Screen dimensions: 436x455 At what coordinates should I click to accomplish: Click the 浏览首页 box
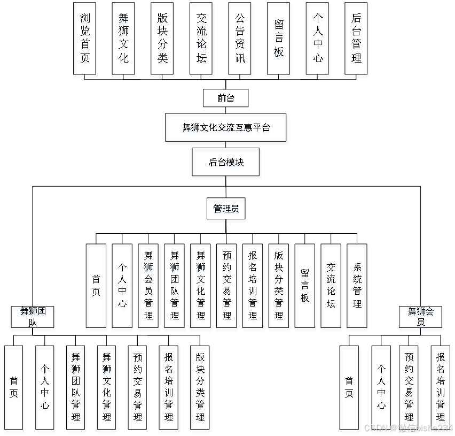(85, 41)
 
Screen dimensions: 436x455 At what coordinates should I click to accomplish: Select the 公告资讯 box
(240, 41)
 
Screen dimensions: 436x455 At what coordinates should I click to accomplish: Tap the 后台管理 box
(357, 41)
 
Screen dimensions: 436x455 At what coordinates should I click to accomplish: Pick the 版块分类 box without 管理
(163, 41)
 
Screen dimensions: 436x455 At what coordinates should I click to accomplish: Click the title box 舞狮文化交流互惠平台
(226, 129)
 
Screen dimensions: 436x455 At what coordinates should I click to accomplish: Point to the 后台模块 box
(226, 164)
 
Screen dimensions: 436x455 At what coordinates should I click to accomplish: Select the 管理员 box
(226, 211)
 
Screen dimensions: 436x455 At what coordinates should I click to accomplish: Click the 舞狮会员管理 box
(148, 288)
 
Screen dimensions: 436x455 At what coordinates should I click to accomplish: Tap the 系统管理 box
(357, 288)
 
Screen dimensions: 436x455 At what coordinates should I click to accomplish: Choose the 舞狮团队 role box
(33, 318)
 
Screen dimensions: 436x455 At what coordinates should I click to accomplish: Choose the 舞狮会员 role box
(421, 318)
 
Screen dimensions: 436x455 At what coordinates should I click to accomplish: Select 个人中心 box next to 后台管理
(318, 41)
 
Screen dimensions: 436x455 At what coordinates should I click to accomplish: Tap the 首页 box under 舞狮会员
(350, 389)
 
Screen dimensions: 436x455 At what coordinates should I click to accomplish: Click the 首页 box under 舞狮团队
(14, 389)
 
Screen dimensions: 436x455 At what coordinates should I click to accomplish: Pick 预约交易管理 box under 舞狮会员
(409, 389)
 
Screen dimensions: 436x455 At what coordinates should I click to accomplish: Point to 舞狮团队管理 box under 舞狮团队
(76, 389)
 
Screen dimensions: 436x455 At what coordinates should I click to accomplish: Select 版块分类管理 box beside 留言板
(279, 288)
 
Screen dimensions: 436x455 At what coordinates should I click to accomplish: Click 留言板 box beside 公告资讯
(279, 41)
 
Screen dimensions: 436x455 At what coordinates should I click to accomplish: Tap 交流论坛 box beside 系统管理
(331, 288)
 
